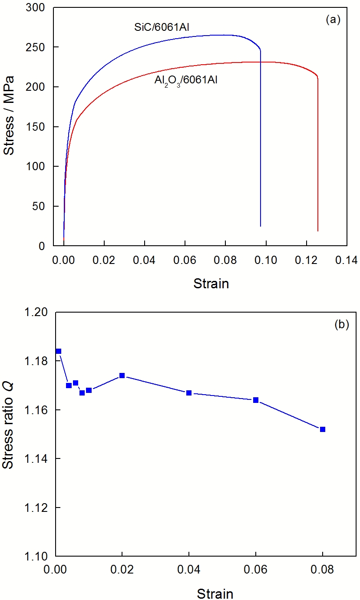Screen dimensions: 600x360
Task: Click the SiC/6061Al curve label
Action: tap(162, 27)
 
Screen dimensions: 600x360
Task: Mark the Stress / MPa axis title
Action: tap(10, 116)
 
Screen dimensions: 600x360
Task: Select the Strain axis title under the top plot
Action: tap(211, 284)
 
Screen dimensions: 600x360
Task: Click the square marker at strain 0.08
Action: tap(323, 429)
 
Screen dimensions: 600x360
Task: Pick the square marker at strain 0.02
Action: tap(122, 376)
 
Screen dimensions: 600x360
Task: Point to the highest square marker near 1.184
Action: tap(59, 351)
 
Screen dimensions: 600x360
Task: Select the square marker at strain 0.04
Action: tap(189, 393)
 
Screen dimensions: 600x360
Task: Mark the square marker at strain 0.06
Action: tap(256, 400)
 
